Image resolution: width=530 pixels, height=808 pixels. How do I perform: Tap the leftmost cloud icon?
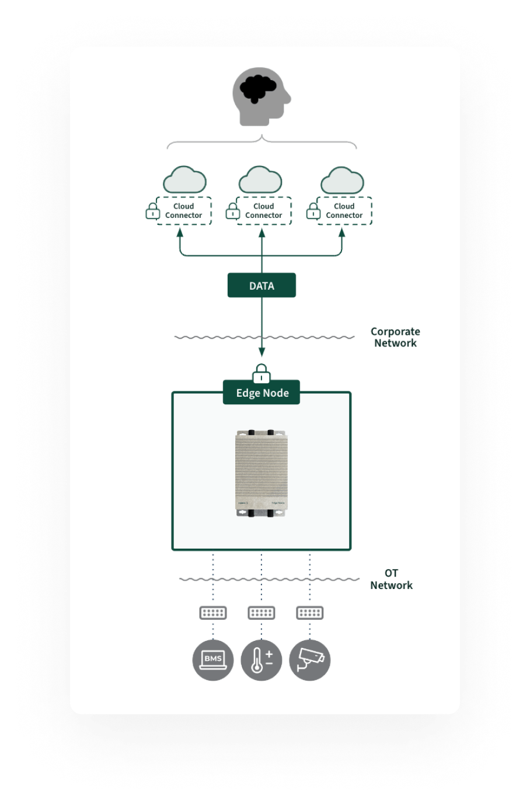(x=184, y=181)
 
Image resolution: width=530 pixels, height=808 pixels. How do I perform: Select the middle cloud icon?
(x=260, y=181)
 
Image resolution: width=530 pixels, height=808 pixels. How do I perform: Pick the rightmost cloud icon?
(x=342, y=181)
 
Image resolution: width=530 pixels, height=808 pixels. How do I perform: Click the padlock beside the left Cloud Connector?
(x=152, y=211)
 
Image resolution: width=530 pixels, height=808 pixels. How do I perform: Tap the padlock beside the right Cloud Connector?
(x=313, y=211)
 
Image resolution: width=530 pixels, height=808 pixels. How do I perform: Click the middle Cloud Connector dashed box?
(x=264, y=211)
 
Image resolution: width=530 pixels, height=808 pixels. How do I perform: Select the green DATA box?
(x=261, y=286)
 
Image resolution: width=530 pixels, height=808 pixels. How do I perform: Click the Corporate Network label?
(x=395, y=337)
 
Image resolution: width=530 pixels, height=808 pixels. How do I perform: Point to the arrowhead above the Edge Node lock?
(x=261, y=352)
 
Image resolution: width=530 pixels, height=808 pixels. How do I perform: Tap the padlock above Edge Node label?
(x=261, y=373)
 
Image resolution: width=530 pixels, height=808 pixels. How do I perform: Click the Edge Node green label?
(x=261, y=393)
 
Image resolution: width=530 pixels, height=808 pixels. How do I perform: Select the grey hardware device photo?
(x=261, y=473)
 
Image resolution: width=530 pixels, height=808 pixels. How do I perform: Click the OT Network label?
(x=391, y=579)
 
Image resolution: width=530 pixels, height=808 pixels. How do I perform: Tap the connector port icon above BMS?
(x=213, y=613)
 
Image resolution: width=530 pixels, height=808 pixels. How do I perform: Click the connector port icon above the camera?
(x=310, y=613)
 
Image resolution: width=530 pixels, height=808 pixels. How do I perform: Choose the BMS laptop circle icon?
(x=213, y=660)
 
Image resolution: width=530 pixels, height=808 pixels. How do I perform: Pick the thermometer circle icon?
(x=261, y=660)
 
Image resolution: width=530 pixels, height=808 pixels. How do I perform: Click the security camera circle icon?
(x=310, y=660)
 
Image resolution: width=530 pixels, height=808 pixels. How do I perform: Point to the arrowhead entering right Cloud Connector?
(x=342, y=233)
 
